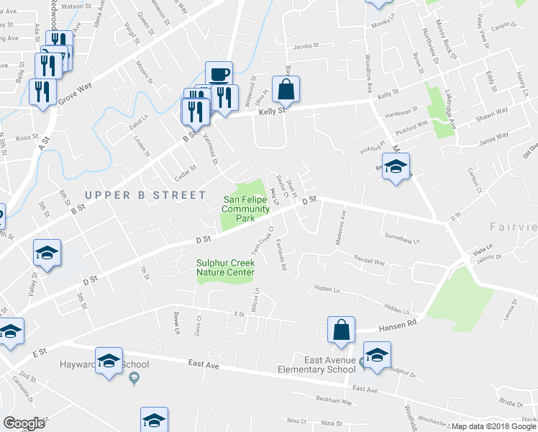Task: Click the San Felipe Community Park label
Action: (247, 208)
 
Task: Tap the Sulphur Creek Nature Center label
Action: (226, 268)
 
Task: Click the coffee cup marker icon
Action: (219, 73)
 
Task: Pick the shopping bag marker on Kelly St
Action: (286, 90)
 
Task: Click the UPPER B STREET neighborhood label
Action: (135, 195)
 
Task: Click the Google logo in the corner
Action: (24, 423)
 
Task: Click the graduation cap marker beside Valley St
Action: (47, 253)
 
